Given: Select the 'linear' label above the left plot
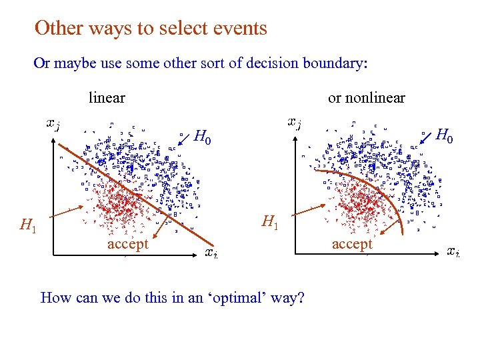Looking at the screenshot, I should tap(107, 98).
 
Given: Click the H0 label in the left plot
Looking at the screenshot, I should tap(203, 138).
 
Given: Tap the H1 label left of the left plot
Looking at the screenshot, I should tap(28, 227).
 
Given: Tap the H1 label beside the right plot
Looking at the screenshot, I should tap(270, 221).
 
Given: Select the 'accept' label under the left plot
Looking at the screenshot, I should tap(127, 244).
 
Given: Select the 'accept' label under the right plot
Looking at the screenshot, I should tap(352, 244).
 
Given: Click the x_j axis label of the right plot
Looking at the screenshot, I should tap(293, 122).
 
